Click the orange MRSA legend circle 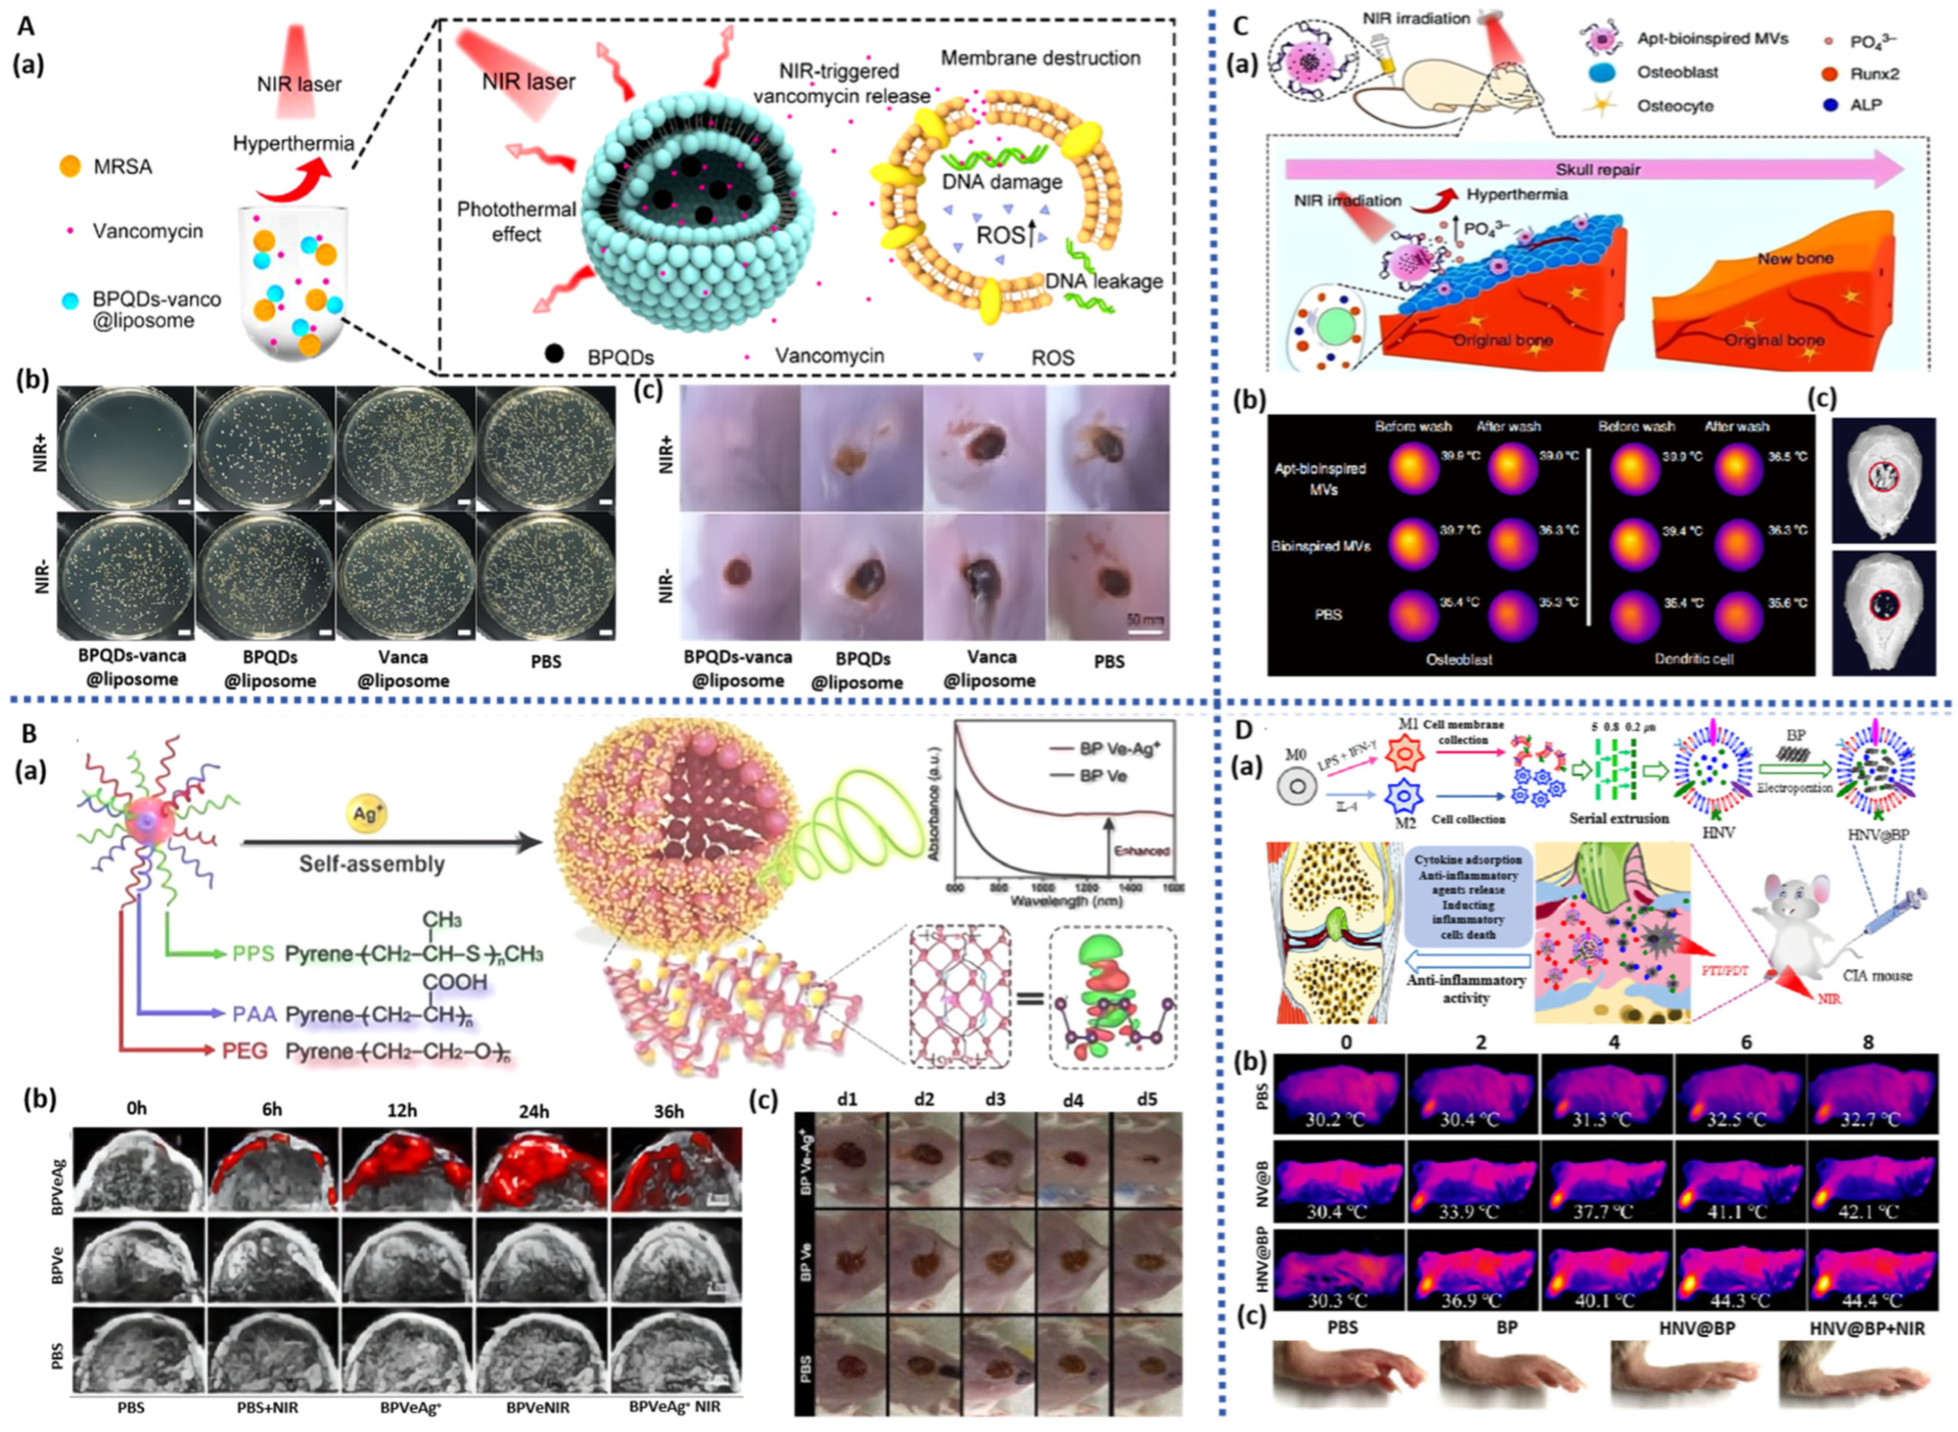[x=71, y=166]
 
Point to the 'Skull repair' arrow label [x=1597, y=170]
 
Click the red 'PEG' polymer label [x=246, y=1051]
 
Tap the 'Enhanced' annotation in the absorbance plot [x=1142, y=851]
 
